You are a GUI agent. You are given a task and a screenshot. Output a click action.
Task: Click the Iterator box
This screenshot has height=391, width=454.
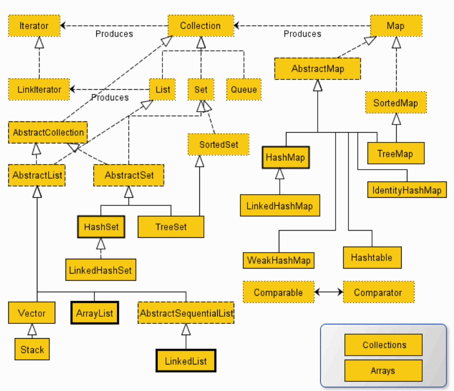click(34, 26)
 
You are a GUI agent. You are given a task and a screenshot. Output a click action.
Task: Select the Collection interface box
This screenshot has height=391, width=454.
click(201, 26)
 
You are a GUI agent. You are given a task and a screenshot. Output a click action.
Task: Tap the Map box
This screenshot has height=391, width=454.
click(396, 26)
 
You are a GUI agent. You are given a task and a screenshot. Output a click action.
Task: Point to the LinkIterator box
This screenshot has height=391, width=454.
click(39, 90)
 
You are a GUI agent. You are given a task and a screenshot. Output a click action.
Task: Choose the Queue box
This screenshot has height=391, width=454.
click(244, 90)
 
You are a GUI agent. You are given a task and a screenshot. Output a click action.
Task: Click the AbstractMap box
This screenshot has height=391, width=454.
click(318, 69)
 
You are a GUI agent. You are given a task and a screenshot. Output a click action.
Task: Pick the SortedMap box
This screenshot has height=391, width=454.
click(396, 102)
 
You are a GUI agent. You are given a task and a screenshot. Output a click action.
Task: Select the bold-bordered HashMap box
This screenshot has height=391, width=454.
click(286, 157)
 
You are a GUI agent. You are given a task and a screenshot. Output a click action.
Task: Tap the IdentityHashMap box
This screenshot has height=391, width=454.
click(407, 190)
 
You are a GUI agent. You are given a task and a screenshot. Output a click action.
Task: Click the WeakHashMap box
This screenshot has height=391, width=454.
click(279, 260)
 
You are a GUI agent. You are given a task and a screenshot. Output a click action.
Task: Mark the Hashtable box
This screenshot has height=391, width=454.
click(372, 257)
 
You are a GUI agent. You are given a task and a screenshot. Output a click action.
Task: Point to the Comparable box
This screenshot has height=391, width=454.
click(279, 292)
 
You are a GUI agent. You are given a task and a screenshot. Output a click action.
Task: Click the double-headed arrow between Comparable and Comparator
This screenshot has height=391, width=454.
click(328, 292)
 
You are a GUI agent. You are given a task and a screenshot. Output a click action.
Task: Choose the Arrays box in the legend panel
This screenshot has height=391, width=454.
click(383, 371)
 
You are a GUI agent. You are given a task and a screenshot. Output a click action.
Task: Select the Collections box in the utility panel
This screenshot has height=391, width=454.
click(383, 345)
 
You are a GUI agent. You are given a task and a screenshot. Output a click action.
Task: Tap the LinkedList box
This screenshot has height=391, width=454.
click(186, 361)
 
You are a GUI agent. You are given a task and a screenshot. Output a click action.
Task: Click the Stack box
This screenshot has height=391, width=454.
click(32, 349)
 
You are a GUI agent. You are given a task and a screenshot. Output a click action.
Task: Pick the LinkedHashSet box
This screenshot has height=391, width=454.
click(101, 270)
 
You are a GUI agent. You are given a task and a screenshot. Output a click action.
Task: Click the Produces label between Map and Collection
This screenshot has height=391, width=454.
click(302, 34)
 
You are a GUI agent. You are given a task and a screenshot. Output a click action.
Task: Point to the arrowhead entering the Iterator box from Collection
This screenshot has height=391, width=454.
click(63, 26)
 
